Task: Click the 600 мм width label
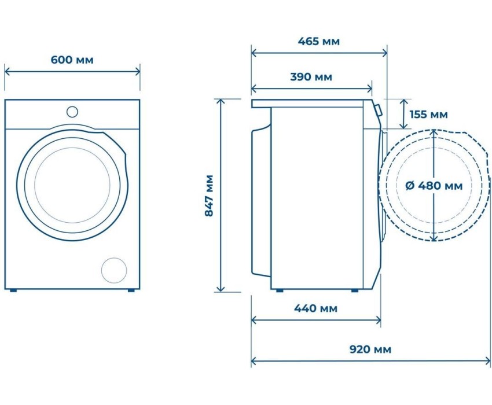72,60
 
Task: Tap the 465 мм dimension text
319,41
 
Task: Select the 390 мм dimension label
311,77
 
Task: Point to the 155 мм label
428,115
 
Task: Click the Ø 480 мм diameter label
434,186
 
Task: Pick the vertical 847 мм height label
209,196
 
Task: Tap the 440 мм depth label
315,308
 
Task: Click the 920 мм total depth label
370,349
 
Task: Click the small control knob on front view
72,112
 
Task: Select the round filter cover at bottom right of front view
114,270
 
